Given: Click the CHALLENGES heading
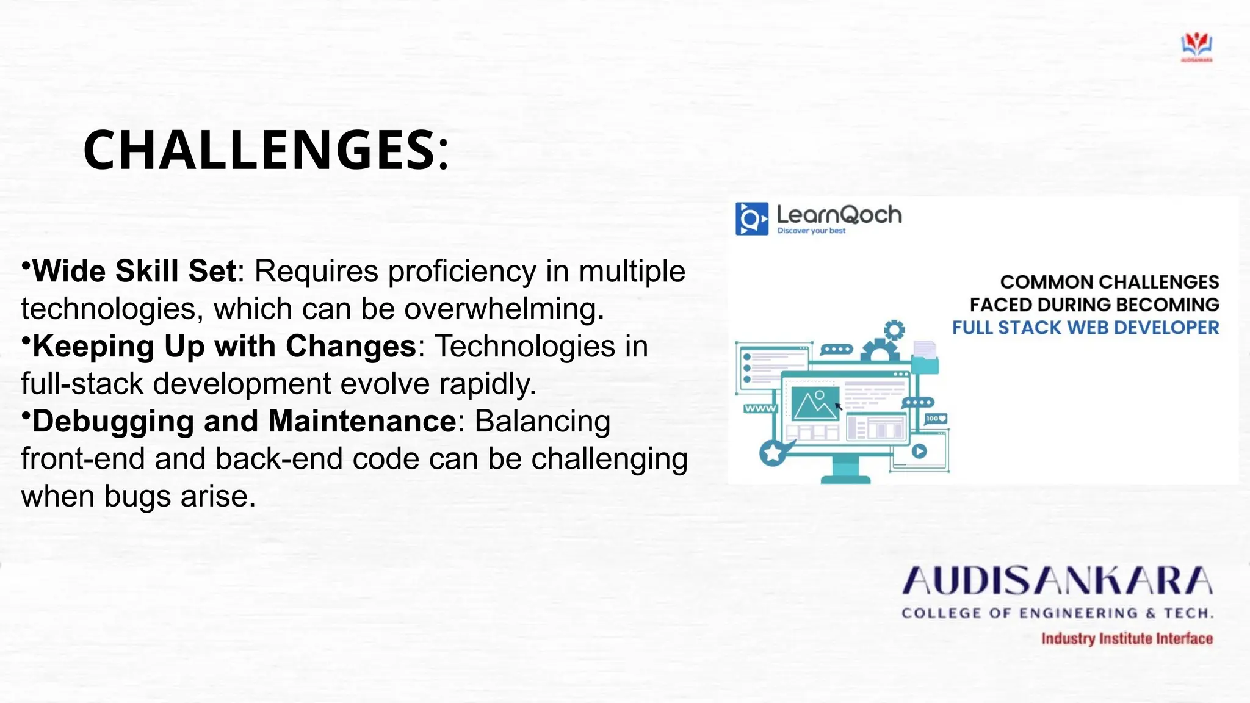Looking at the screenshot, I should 266,150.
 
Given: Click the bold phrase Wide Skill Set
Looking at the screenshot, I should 134,271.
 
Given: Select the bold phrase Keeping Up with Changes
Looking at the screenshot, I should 224,347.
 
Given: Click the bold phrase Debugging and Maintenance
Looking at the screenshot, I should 244,421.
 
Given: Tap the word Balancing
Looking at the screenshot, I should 542,421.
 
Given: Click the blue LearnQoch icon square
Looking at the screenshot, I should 751,219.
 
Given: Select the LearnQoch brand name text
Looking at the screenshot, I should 839,215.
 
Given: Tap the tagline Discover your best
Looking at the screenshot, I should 811,231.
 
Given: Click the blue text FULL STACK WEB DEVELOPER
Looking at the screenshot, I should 1085,328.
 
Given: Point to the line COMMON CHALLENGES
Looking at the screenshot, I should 1109,282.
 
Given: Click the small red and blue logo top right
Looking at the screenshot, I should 1196,47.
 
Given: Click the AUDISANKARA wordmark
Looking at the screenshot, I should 1057,580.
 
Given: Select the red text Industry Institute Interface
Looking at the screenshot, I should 1127,638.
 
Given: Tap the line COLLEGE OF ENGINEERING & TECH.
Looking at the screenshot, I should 1057,613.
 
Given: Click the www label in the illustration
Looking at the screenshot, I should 759,408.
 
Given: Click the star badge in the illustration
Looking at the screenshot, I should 772,453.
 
